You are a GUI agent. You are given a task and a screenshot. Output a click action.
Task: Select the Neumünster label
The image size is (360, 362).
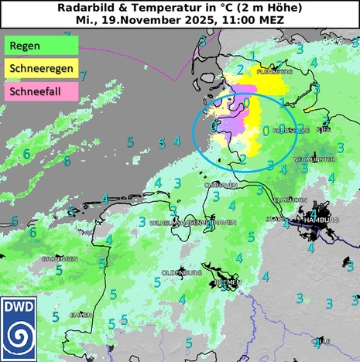(x=314, y=159)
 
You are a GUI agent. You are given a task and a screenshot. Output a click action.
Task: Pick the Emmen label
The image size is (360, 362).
(x=81, y=315)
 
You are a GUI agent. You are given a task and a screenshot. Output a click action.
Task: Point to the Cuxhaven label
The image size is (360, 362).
(x=220, y=186)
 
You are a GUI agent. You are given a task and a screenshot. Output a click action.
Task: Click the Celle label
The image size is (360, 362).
(x=321, y=340)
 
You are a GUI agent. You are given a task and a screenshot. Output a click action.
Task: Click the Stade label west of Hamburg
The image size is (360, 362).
(x=276, y=220)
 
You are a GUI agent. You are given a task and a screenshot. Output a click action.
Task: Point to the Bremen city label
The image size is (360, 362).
(x=228, y=283)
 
